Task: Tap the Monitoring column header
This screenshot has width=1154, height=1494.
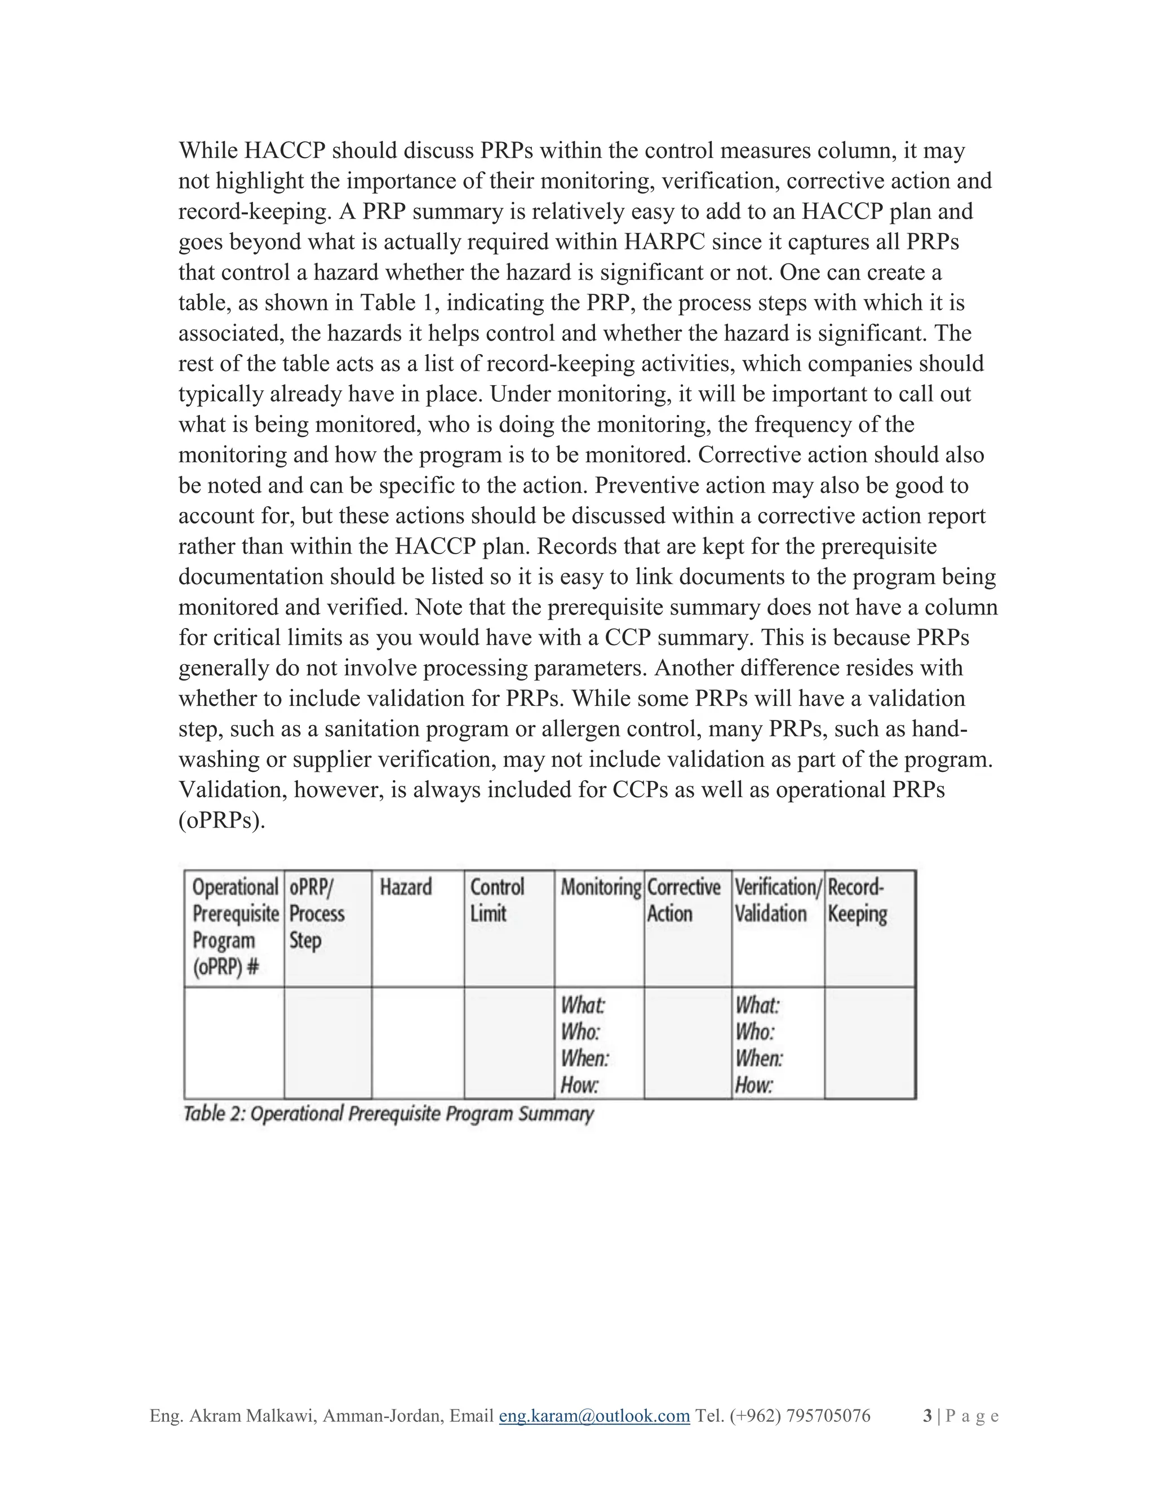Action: [600, 887]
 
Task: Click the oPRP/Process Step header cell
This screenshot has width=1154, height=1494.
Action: [317, 913]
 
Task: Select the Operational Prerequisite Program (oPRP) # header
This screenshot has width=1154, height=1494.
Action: [235, 927]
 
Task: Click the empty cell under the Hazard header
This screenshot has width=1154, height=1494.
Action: [418, 1042]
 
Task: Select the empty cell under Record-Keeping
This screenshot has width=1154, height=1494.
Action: [869, 1042]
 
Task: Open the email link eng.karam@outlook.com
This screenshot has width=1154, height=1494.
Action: [594, 1415]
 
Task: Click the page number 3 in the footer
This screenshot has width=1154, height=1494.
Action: [927, 1415]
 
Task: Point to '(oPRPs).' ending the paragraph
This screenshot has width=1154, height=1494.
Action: [221, 820]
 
